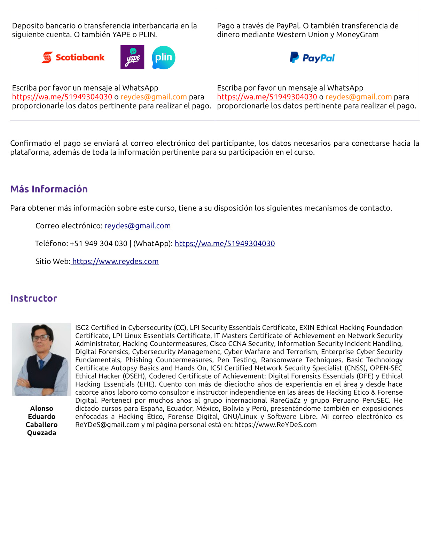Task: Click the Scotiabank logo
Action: pyautogui.click(x=73, y=58)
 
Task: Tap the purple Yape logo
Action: pyautogui.click(x=132, y=57)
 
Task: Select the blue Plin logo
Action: pyautogui.click(x=164, y=58)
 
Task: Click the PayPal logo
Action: pyautogui.click(x=312, y=58)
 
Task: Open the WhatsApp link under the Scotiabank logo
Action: pyautogui.click(x=62, y=97)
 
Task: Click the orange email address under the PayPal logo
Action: pyautogui.click(x=359, y=97)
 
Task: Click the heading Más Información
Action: pyautogui.click(x=49, y=189)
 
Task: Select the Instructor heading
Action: pyautogui.click(x=33, y=298)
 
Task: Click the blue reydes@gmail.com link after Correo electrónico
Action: pyautogui.click(x=138, y=226)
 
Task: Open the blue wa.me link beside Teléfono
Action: pyautogui.click(x=225, y=244)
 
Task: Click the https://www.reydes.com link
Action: pyautogui.click(x=115, y=261)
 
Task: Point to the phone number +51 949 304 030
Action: pyautogui.click(x=99, y=244)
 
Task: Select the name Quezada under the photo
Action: pyautogui.click(x=41, y=433)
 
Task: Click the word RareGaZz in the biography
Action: pyautogui.click(x=285, y=400)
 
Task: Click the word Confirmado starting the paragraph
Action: pyautogui.click(x=31, y=143)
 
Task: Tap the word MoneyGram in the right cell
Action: pyautogui.click(x=357, y=35)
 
